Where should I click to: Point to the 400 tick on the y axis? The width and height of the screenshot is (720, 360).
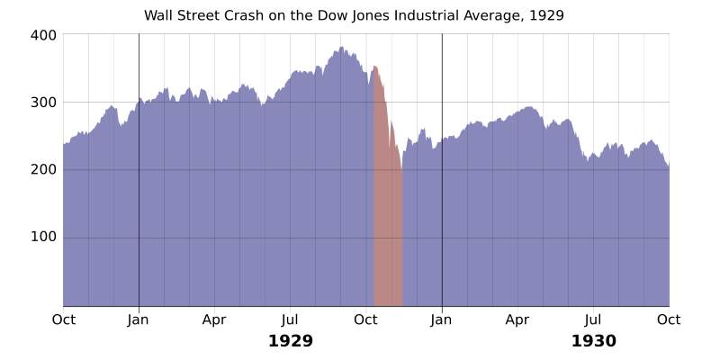[x=45, y=34]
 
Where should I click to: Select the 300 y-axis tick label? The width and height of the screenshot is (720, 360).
[x=45, y=102]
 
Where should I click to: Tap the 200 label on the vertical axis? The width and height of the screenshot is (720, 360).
[x=45, y=169]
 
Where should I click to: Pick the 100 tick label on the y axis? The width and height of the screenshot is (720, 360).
[x=45, y=237]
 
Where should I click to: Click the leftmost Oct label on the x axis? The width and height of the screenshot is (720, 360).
[x=63, y=318]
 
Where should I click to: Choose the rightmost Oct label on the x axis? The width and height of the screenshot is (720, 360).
[x=669, y=318]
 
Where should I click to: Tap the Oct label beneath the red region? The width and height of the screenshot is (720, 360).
[x=365, y=318]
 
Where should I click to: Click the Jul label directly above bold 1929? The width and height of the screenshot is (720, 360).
[x=290, y=318]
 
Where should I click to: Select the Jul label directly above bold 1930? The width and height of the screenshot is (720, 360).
[x=593, y=318]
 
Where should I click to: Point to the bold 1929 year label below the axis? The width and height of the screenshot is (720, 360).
[x=290, y=341]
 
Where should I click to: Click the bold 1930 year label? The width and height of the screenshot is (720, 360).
[x=593, y=341]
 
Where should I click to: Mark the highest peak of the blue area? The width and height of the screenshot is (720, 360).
[x=341, y=48]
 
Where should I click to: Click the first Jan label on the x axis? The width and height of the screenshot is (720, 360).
[x=139, y=318]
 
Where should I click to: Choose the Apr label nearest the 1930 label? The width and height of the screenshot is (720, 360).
[x=517, y=318]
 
